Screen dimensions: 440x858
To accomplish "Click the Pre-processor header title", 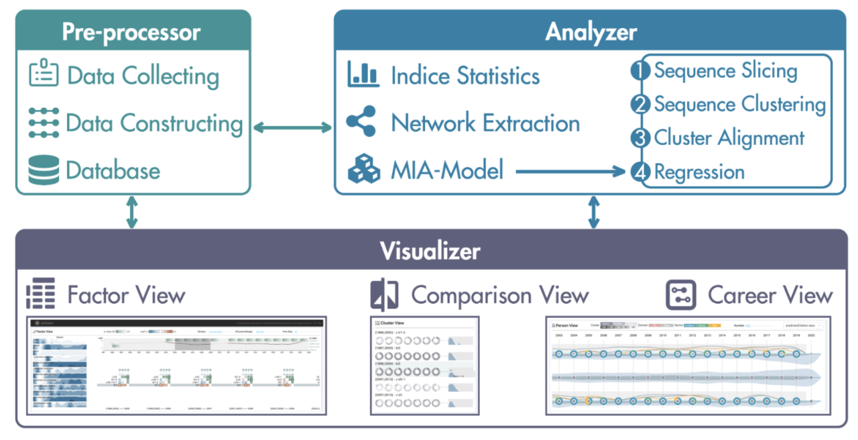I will (x=131, y=33).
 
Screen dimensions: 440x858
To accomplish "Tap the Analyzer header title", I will (x=590, y=32).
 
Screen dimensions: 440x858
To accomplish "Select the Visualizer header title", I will (x=430, y=251).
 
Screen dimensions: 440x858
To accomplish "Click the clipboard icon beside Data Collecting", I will (x=43, y=74).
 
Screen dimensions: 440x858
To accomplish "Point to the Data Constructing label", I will (x=154, y=123).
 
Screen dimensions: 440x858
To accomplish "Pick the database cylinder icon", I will (x=43, y=170).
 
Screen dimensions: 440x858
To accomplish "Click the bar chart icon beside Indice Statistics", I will (x=363, y=74).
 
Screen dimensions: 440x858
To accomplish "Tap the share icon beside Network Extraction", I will (x=363, y=122).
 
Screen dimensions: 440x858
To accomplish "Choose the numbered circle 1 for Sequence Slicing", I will (x=640, y=70).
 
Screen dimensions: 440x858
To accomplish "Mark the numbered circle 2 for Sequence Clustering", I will (x=640, y=105).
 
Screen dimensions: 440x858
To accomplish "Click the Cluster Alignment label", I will (x=729, y=138).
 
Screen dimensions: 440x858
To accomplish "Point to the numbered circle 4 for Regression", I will (x=640, y=172).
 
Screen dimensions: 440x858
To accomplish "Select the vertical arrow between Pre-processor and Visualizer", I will (x=131, y=212).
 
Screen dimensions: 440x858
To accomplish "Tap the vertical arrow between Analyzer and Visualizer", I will (x=593, y=212).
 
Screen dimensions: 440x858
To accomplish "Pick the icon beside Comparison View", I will (x=385, y=294).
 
